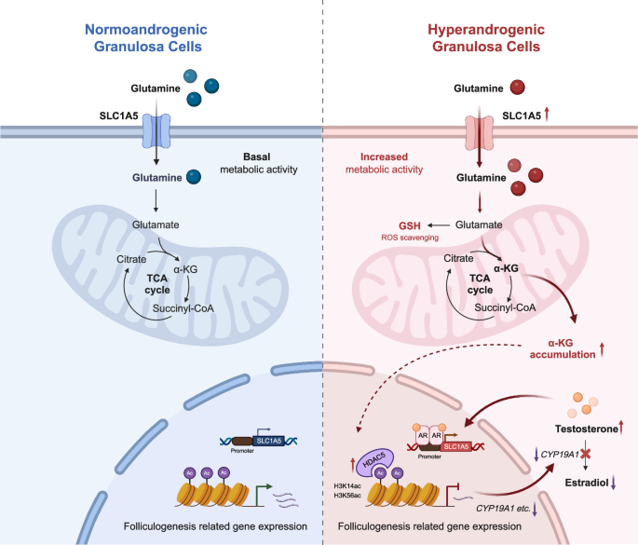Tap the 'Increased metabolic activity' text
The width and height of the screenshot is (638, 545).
(x=385, y=164)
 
